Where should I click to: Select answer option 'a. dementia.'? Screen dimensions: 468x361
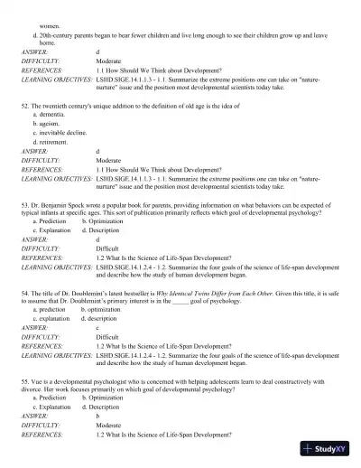[x=50, y=115]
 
